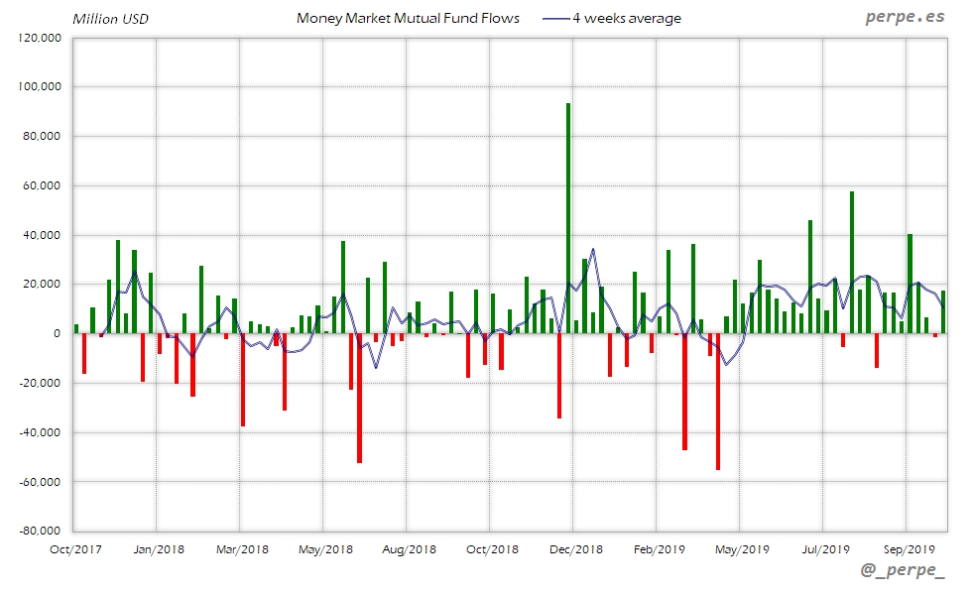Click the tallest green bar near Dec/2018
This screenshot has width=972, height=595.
[568, 218]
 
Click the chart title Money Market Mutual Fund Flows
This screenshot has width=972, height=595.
[408, 18]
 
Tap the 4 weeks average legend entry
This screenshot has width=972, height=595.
[612, 18]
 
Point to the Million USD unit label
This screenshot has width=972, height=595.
[110, 19]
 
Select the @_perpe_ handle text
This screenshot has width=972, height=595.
[904, 572]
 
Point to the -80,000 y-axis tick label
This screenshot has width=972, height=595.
[40, 531]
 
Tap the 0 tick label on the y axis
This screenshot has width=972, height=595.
[58, 333]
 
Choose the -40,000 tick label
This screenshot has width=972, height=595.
[40, 432]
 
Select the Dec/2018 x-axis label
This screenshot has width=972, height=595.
[575, 548]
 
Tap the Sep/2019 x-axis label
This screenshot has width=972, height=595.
[909, 548]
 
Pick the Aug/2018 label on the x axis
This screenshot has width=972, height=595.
[409, 548]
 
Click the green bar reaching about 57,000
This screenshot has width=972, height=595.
[851, 263]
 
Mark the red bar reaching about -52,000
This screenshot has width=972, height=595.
[359, 398]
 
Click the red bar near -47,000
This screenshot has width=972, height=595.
[684, 392]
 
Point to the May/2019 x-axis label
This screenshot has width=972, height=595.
[742, 548]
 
